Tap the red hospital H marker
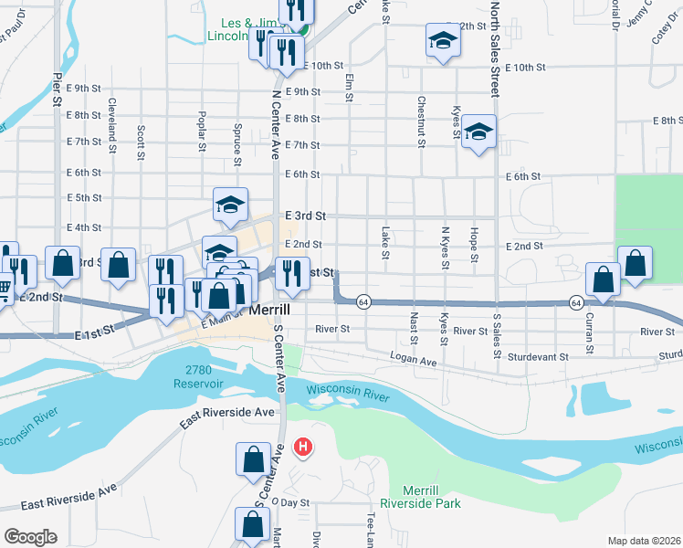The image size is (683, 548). click(x=302, y=448)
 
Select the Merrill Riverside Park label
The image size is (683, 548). click(x=419, y=496)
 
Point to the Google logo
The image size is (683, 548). click(x=29, y=537)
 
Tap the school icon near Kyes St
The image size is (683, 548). click(x=478, y=132)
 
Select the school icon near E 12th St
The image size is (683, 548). click(x=442, y=41)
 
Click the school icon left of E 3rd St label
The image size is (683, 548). click(x=231, y=205)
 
